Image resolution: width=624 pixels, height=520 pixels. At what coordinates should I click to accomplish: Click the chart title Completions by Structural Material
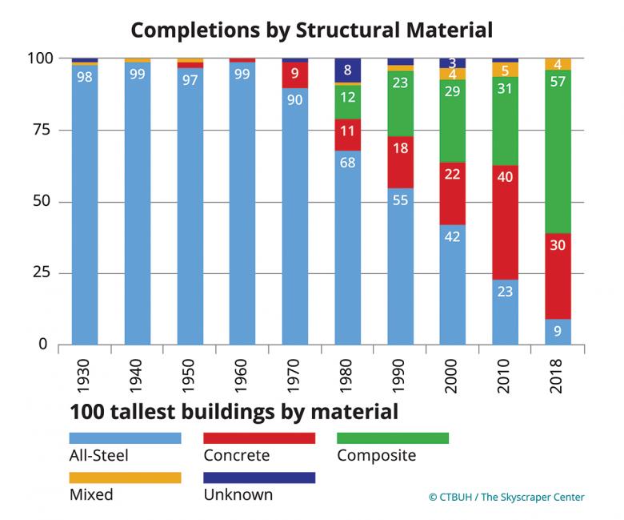311,30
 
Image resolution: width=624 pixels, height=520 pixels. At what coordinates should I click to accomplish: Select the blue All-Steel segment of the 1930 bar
85,208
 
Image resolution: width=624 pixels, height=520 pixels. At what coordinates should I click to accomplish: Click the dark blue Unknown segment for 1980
348,70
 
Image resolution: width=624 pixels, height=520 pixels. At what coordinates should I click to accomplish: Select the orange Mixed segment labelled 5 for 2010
506,70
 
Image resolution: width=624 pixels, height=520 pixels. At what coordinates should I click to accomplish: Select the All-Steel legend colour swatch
125,438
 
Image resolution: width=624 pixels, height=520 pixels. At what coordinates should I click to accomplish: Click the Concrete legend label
237,456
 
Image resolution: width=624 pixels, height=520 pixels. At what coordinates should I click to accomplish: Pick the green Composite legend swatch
393,438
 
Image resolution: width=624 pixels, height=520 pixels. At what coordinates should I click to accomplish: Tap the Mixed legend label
91,494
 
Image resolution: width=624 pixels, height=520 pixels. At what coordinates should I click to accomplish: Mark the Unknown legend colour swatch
259,478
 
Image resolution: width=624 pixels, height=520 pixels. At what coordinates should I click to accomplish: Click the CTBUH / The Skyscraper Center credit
506,498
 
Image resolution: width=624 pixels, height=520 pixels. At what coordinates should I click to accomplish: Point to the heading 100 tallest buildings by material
234,413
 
